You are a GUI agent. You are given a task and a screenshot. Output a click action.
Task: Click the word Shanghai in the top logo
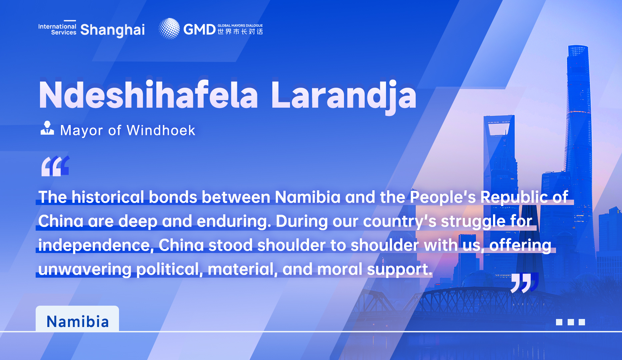click(x=113, y=30)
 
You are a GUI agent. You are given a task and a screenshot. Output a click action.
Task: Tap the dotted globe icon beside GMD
click(x=169, y=29)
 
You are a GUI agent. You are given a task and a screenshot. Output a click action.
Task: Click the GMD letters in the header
click(x=199, y=30)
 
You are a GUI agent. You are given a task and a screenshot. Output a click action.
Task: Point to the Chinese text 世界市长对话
click(x=240, y=32)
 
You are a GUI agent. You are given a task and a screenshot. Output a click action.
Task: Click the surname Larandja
click(x=344, y=97)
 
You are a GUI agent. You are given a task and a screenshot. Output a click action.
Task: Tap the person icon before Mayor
click(x=47, y=128)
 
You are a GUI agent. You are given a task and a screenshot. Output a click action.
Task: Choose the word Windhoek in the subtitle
click(x=161, y=130)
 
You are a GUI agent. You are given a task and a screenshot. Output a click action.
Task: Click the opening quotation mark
click(x=55, y=166)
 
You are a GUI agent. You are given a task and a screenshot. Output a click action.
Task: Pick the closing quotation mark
click(x=524, y=282)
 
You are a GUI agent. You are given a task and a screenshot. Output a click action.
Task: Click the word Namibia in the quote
click(x=307, y=197)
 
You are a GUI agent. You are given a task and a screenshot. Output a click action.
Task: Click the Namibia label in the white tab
click(x=78, y=322)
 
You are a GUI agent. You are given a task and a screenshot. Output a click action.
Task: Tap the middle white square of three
click(x=571, y=322)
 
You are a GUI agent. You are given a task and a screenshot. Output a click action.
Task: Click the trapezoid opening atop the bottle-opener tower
click(x=499, y=129)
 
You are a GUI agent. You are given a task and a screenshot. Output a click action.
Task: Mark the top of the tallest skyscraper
click(x=578, y=46)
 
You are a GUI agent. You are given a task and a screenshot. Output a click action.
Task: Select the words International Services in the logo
click(x=57, y=29)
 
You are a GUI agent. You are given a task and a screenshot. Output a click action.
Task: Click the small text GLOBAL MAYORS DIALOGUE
click(x=240, y=26)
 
